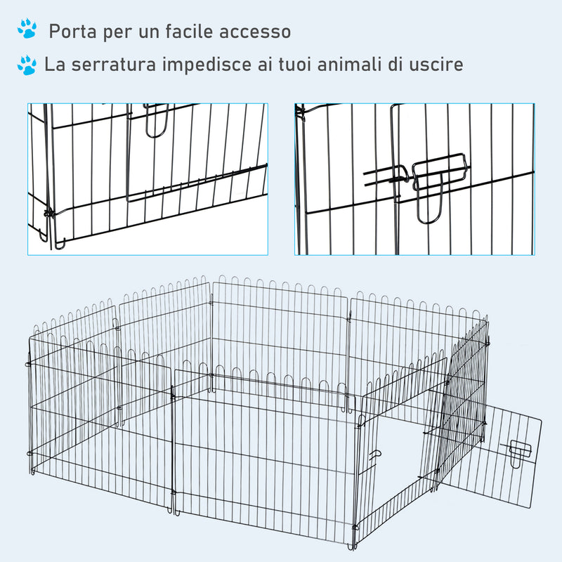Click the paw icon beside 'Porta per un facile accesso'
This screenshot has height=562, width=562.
pyautogui.click(x=27, y=29)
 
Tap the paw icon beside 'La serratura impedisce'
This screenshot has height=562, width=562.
pyautogui.click(x=27, y=65)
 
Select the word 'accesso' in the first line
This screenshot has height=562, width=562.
pyautogui.click(x=254, y=32)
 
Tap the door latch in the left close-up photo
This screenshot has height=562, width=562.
pyautogui.click(x=156, y=119)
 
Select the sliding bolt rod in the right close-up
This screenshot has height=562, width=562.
pyautogui.click(x=386, y=176)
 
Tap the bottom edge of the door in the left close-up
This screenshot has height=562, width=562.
pyautogui.click(x=197, y=184)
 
